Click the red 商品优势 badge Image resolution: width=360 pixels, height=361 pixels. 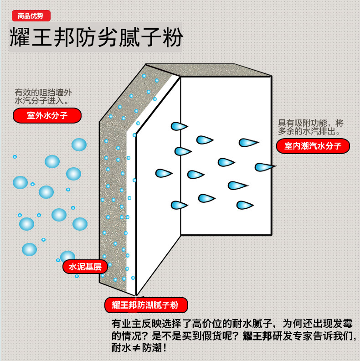click(31, 15)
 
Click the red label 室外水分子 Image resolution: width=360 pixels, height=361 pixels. click(47, 115)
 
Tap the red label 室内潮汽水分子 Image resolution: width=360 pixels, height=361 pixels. click(313, 146)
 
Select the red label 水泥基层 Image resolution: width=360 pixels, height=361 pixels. click(85, 267)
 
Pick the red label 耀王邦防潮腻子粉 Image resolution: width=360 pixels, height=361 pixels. click(146, 305)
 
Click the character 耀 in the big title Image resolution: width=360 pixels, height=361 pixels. click(19, 37)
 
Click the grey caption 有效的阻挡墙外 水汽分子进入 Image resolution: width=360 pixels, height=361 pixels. click(43, 97)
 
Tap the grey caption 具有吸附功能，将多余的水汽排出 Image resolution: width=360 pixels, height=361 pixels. click(311, 127)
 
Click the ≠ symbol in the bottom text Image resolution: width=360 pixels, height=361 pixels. click(136, 348)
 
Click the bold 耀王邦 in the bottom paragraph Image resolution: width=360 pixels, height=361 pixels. click(257, 336)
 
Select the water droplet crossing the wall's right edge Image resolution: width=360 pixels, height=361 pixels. click(265, 167)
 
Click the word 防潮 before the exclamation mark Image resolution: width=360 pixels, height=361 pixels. click(152, 348)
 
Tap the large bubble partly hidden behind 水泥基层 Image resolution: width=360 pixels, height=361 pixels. click(67, 256)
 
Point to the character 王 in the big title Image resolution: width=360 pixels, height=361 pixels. click(41, 37)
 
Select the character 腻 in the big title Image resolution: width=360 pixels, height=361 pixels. click(129, 37)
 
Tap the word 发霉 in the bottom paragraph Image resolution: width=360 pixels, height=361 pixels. click(343, 324)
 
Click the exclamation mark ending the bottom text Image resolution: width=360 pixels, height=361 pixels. click(165, 348)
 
